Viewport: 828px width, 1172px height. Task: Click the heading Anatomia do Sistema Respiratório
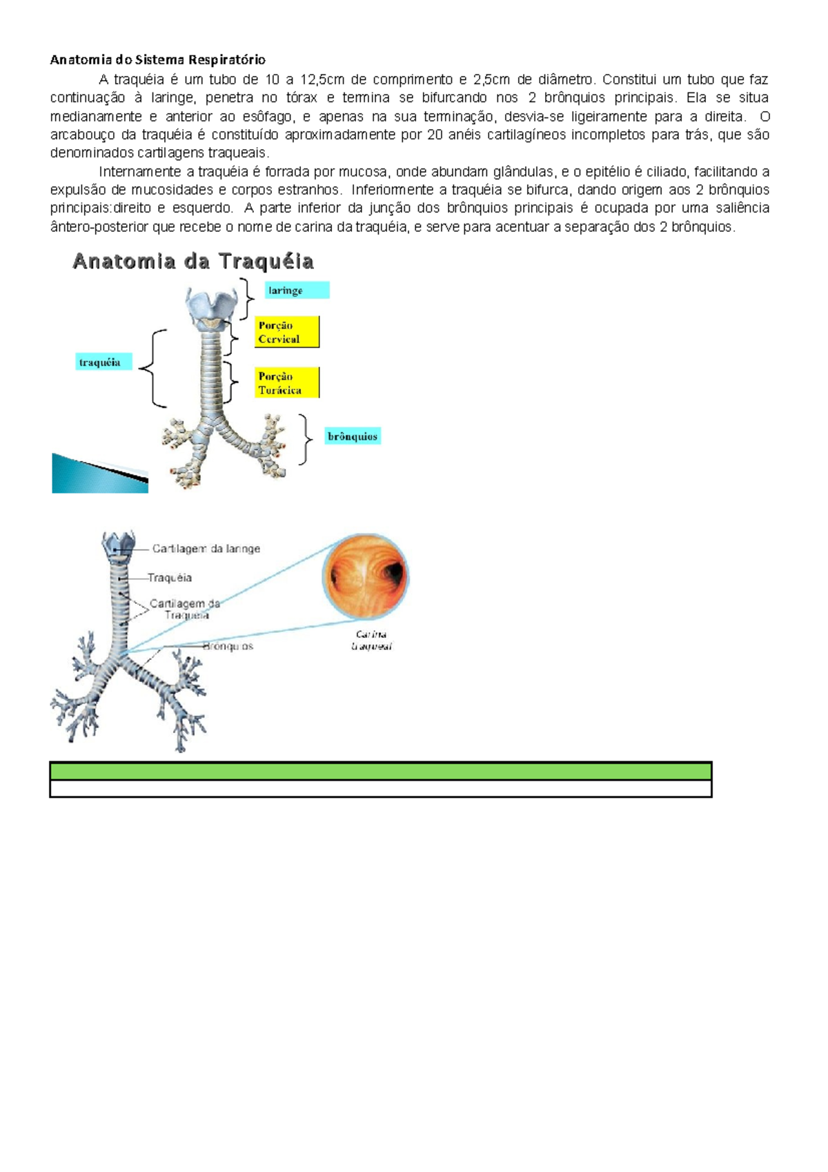coord(157,59)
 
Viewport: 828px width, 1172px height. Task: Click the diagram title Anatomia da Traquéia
coord(193,262)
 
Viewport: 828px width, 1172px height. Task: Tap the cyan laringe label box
coord(297,291)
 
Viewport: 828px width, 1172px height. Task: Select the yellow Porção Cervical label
coord(287,332)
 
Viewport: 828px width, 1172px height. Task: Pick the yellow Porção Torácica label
coord(287,383)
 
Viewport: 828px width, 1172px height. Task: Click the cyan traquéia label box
coord(103,362)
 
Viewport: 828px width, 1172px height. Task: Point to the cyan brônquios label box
coord(353,436)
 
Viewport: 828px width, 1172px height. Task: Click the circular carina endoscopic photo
coord(366,576)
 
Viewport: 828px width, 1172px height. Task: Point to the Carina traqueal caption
coord(371,641)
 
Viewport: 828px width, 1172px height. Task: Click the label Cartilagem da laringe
coord(206,549)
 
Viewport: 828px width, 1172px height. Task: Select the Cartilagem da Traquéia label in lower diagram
coord(186,609)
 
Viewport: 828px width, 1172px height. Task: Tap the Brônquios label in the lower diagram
coord(228,647)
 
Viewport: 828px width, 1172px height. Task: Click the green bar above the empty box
coord(380,771)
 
